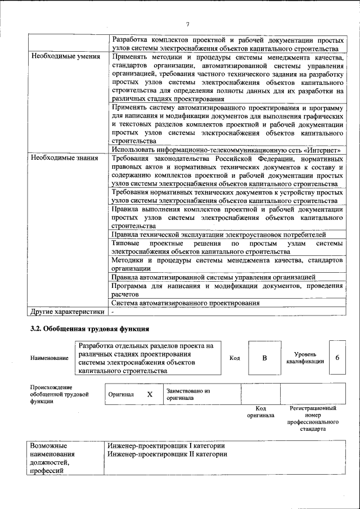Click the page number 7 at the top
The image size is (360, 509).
click(x=187, y=24)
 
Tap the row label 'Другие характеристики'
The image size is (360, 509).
click(x=67, y=311)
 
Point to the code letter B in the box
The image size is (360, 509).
click(x=264, y=358)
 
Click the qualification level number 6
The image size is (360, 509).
click(x=337, y=358)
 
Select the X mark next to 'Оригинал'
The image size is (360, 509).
click(x=150, y=394)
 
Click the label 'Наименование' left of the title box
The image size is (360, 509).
click(x=49, y=358)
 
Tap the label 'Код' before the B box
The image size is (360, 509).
click(x=235, y=358)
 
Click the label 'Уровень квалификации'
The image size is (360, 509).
click(x=308, y=358)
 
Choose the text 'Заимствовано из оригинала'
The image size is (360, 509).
click(x=188, y=394)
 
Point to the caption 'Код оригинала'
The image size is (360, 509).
click(x=260, y=412)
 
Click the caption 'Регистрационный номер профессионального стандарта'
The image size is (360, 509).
click(x=313, y=418)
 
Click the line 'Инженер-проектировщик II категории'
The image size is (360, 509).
click(x=166, y=454)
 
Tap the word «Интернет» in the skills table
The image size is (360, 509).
click(x=323, y=150)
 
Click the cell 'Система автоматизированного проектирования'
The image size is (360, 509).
click(x=186, y=303)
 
